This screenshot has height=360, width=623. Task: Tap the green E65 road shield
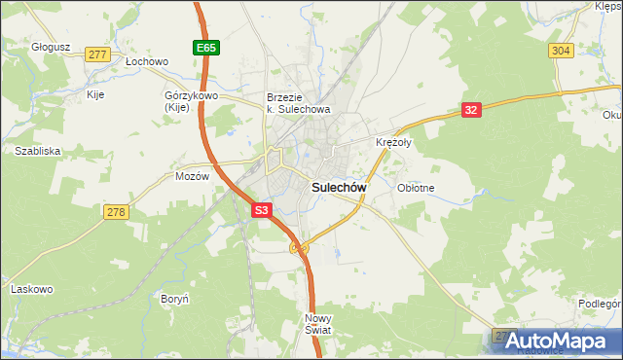204,47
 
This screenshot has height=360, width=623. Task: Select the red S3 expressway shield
261,209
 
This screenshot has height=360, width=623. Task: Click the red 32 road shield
471,111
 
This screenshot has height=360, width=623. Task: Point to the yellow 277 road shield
95,54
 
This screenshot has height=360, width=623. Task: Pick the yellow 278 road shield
116,212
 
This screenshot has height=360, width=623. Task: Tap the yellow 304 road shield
560,51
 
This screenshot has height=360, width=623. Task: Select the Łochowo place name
147,61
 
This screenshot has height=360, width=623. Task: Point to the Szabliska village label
38,151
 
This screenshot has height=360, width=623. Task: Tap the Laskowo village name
31,289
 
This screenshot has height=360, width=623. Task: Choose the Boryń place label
175,298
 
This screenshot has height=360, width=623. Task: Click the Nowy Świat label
318,324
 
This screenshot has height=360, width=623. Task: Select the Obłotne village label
416,188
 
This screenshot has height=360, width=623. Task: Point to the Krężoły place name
394,142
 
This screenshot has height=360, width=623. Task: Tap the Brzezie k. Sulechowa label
299,103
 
